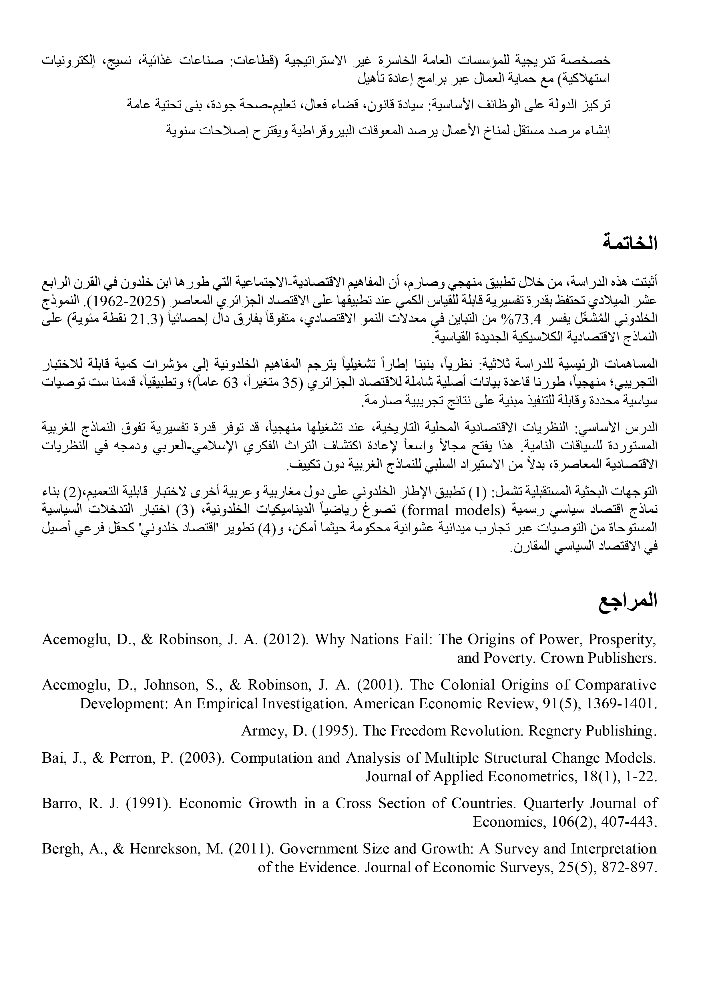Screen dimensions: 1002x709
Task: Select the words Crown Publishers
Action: pos(598,658)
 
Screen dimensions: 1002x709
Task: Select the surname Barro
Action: pos(57,803)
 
